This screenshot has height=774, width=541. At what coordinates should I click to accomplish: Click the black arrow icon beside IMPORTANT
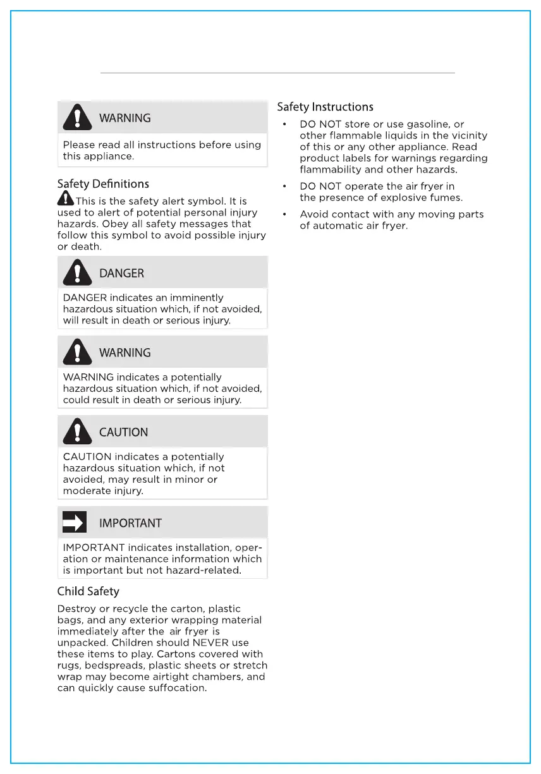tap(74, 523)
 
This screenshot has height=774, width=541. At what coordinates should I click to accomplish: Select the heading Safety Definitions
tap(103, 184)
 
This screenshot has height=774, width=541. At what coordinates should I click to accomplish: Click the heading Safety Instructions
tap(325, 107)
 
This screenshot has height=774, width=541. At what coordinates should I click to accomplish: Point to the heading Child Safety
tap(88, 591)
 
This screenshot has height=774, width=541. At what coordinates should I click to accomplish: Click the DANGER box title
tap(121, 274)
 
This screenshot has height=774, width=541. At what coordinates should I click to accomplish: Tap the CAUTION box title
tap(123, 432)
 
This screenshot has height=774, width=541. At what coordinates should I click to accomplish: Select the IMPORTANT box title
tap(130, 523)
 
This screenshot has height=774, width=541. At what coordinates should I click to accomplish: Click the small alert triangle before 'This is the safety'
tap(65, 199)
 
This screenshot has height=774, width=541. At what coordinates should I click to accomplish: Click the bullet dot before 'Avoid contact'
tap(285, 214)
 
